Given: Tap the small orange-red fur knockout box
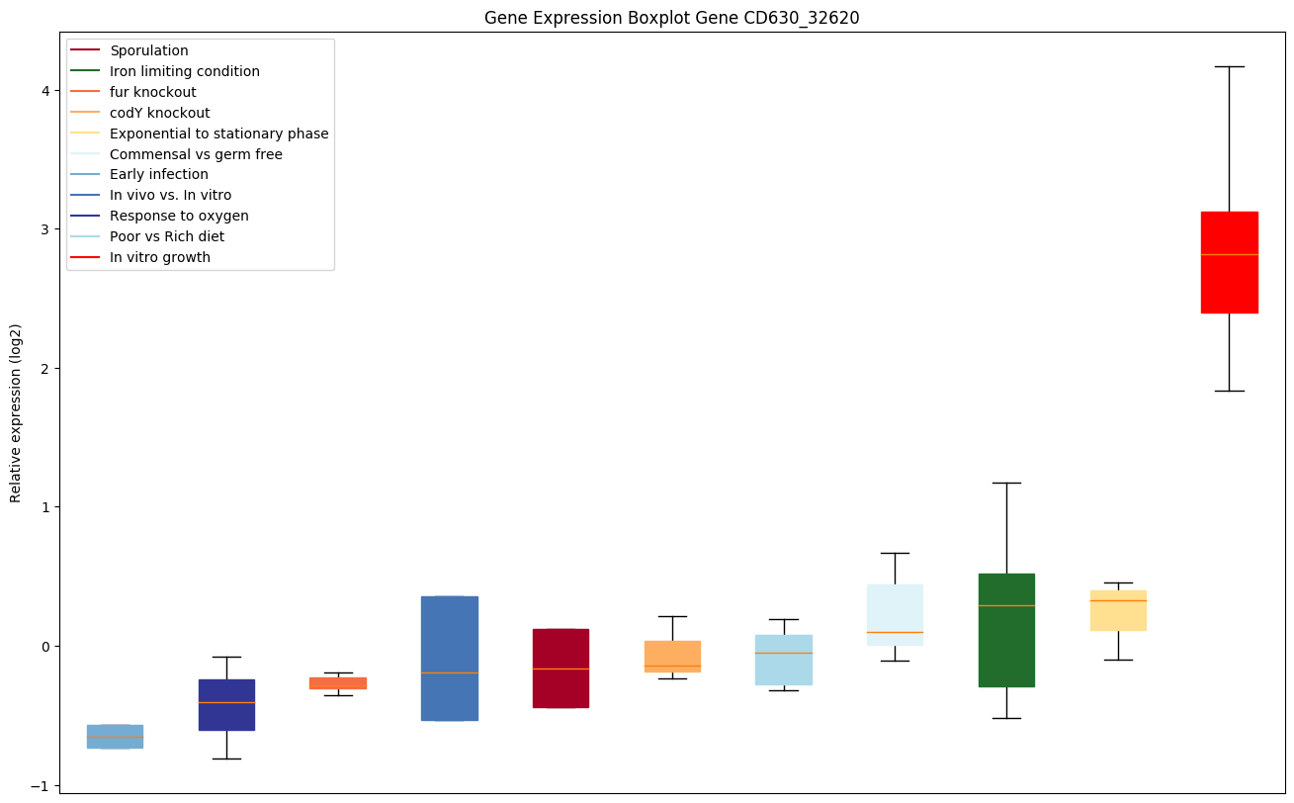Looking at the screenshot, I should [x=338, y=682].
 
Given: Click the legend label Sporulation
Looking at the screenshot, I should [x=149, y=50].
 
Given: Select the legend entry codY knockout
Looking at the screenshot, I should [x=159, y=113].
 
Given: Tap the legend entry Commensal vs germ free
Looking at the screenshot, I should [x=196, y=154].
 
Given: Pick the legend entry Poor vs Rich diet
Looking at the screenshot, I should [x=167, y=236].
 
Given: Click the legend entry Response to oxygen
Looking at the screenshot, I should [x=179, y=216].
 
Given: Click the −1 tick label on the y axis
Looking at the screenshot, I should [x=43, y=785].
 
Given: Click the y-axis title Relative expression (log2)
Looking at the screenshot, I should [x=16, y=412].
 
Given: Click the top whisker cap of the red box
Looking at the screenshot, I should [x=1229, y=66].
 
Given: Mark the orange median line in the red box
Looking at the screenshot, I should [x=1229, y=254].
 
